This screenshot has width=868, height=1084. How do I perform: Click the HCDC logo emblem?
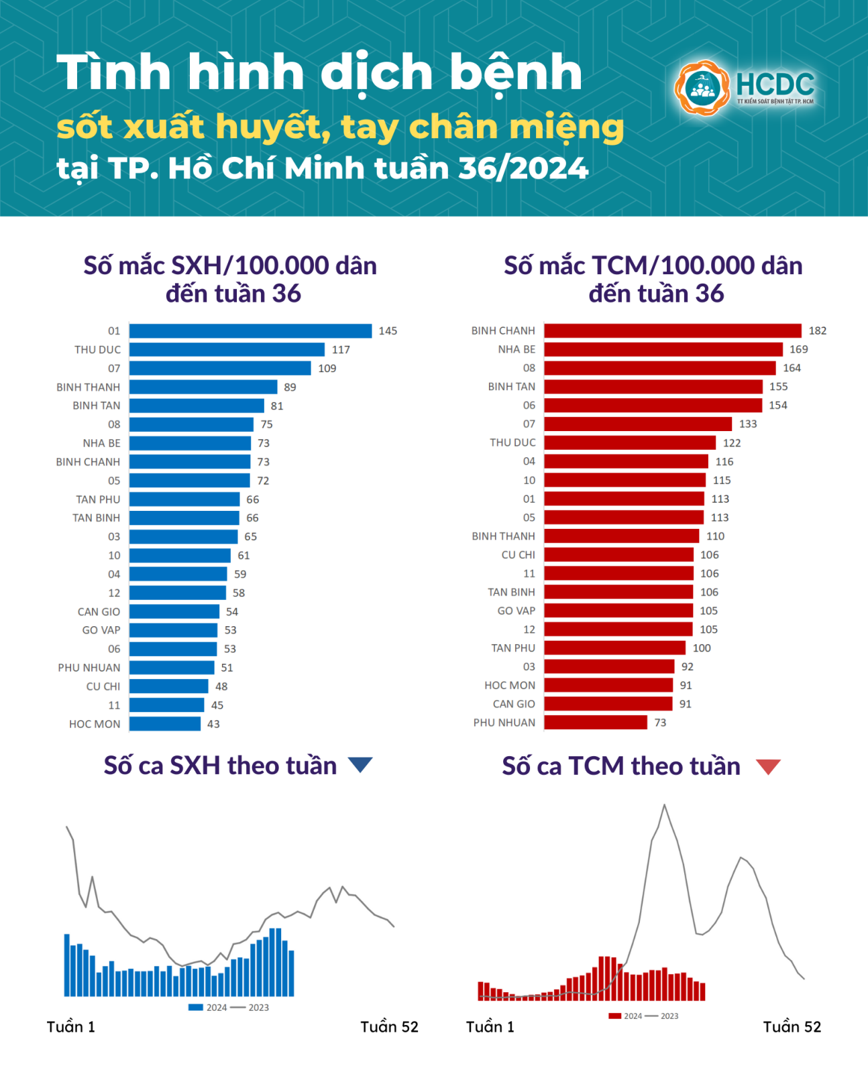[702, 88]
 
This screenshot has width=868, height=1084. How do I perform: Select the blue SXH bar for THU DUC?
[227, 349]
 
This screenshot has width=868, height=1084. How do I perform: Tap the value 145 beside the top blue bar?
[388, 330]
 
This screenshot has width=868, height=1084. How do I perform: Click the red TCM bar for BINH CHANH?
[672, 330]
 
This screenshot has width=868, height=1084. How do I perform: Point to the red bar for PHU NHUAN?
[596, 722]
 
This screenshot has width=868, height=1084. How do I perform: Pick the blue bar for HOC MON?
[165, 723]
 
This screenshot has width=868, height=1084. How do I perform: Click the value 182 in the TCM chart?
[817, 330]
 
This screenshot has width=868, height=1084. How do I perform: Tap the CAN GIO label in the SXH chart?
[99, 611]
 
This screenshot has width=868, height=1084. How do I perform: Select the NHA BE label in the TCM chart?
[517, 349]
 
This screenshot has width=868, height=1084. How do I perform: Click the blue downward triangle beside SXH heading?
[360, 764]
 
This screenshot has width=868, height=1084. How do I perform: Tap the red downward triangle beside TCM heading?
[768, 766]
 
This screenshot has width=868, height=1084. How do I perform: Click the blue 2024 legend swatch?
[196, 1007]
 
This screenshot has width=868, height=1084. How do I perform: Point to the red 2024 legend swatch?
[614, 1016]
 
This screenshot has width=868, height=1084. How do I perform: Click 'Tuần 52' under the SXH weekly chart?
[389, 1027]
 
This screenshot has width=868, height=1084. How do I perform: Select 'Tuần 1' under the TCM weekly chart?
[490, 1027]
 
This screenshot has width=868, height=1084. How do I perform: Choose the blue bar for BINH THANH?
[203, 387]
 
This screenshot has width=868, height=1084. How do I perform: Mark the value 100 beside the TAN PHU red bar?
[702, 648]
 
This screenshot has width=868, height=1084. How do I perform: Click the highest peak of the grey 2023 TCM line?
[665, 805]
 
